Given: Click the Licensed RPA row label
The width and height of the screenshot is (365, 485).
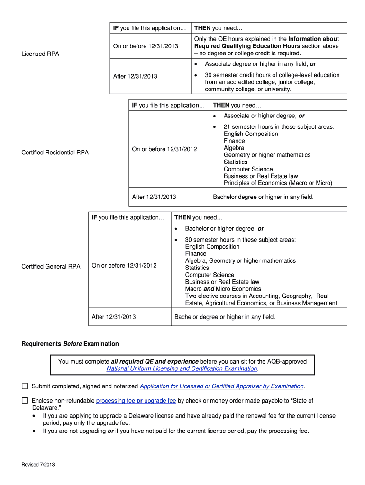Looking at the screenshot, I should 40,54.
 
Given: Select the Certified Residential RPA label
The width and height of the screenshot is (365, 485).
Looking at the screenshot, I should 55,153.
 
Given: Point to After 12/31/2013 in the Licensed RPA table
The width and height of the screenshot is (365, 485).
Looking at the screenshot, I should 135,76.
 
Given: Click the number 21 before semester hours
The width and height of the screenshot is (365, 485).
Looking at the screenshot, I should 227,127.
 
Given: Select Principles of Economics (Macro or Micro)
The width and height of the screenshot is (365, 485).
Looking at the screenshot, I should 278,183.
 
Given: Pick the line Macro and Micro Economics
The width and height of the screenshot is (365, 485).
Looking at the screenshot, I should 223,289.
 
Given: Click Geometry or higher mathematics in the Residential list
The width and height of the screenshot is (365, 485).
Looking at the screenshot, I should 267,155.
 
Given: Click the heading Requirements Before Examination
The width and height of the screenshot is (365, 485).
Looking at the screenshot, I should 70,344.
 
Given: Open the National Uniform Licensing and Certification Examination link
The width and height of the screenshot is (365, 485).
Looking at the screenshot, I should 182,368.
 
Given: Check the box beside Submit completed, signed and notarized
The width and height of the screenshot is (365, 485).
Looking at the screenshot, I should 25,386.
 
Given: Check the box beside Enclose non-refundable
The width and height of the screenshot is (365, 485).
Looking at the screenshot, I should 25,401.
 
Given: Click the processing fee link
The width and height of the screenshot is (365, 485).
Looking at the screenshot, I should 115,401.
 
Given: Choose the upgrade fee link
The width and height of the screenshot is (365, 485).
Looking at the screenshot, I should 160,401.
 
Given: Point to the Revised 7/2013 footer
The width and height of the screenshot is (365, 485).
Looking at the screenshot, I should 38,465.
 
